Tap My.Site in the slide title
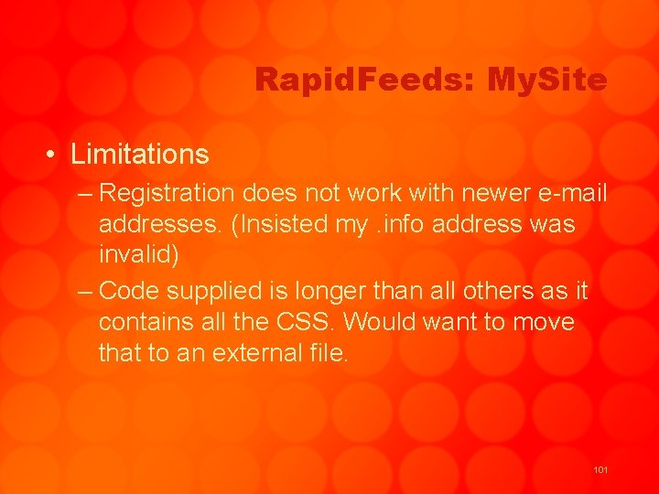[x=547, y=81]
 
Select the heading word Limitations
[x=140, y=154]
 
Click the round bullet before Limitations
[x=51, y=155]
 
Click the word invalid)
[x=138, y=255]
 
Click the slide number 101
[x=600, y=470]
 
